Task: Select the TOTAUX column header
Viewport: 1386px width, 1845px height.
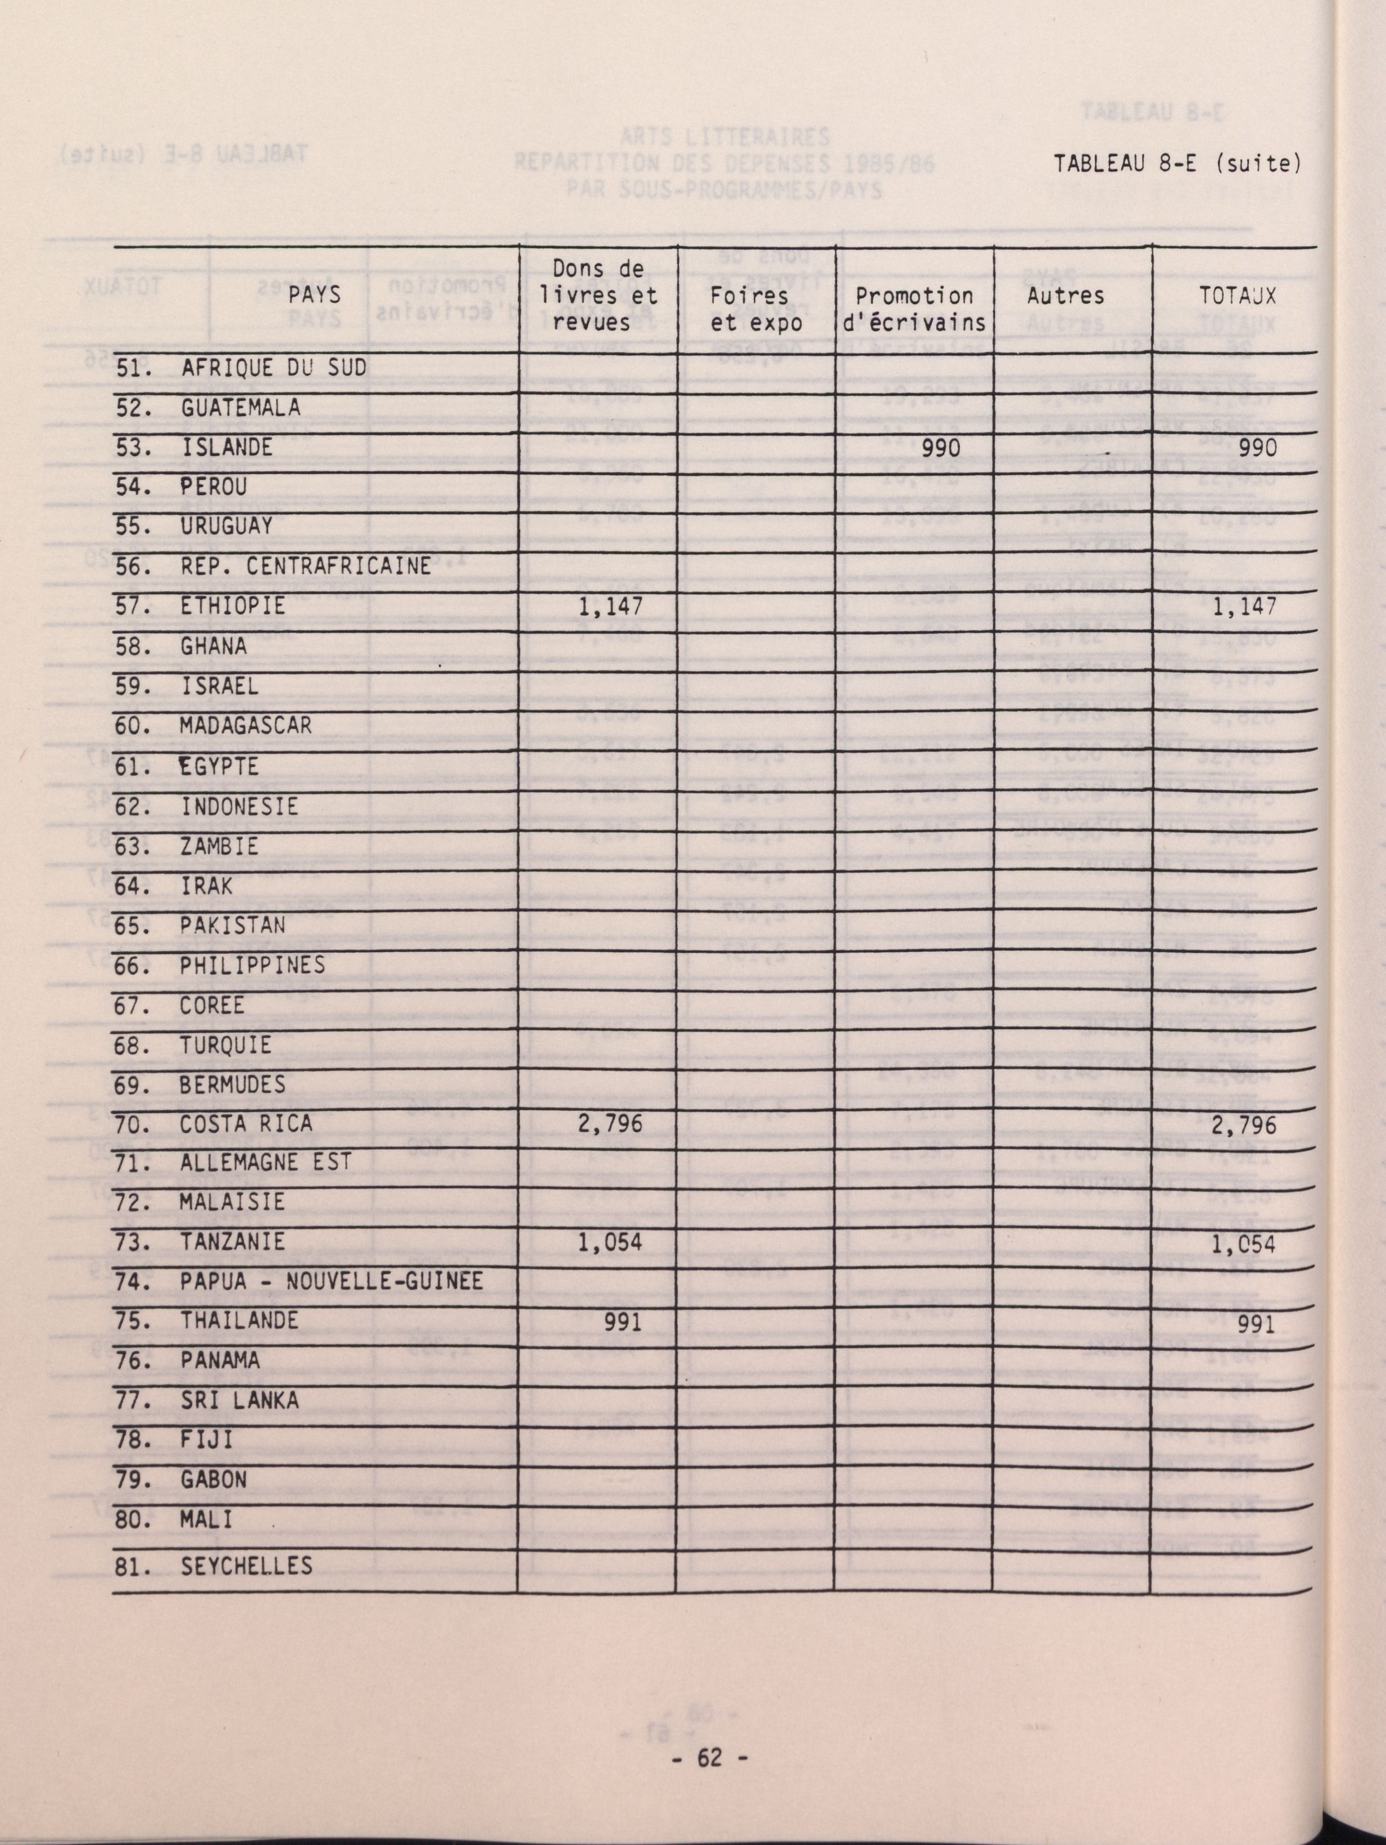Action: click(1238, 295)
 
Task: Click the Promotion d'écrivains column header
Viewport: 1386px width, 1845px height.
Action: click(914, 309)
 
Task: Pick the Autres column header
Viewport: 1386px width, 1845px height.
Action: click(1066, 295)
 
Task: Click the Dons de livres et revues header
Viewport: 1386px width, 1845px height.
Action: click(598, 295)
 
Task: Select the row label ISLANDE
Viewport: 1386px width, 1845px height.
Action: click(227, 447)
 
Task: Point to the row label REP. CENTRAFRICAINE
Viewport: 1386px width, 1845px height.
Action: click(305, 566)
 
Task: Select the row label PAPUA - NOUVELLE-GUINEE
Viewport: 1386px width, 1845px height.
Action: click(331, 1281)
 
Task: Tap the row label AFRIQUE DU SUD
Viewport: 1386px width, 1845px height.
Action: click(274, 368)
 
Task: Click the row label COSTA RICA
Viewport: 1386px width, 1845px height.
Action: click(246, 1124)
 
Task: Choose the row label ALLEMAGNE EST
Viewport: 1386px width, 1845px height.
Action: click(266, 1162)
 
